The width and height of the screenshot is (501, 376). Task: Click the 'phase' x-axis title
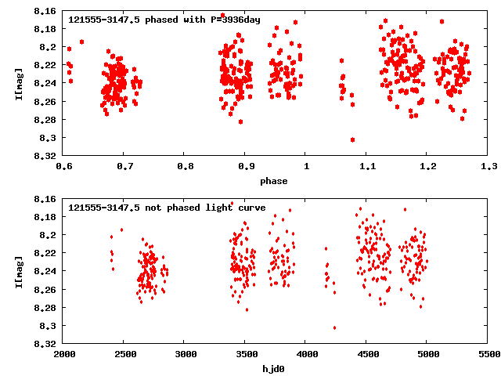tap(275, 181)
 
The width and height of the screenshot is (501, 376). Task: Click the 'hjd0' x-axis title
tap(275, 368)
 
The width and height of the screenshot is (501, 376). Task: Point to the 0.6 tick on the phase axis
tap(63, 166)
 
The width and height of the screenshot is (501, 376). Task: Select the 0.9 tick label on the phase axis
tap(246, 166)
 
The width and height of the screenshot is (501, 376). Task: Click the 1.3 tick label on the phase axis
tap(489, 166)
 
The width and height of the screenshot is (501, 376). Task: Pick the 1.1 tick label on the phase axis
tap(367, 166)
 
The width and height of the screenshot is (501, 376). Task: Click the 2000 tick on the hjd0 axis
tap(63, 354)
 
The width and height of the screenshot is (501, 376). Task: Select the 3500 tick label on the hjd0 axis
tap(246, 354)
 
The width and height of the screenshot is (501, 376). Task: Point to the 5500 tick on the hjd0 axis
tap(489, 354)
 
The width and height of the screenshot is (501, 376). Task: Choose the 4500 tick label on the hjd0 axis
tap(367, 354)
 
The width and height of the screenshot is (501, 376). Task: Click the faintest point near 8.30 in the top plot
tap(353, 139)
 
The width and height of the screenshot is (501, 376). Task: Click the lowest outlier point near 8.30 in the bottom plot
tap(334, 327)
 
